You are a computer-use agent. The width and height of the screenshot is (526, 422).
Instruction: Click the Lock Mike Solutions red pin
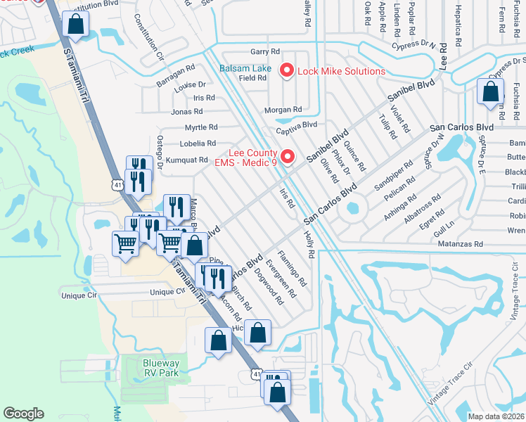pyautogui.click(x=286, y=70)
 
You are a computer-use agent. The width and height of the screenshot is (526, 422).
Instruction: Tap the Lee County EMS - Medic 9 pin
pyautogui.click(x=286, y=157)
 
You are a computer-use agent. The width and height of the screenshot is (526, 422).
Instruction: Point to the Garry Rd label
pyautogui.click(x=265, y=52)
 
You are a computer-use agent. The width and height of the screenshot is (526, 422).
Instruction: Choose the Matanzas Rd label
pyautogui.click(x=458, y=243)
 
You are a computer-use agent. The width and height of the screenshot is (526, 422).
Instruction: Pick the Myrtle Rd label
pyautogui.click(x=200, y=127)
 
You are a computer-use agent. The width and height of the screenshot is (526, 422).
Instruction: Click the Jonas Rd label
pyautogui.click(x=186, y=111)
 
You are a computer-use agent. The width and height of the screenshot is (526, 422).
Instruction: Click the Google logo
pyautogui.click(x=23, y=414)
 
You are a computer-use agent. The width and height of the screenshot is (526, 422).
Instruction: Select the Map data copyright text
pyautogui.click(x=495, y=416)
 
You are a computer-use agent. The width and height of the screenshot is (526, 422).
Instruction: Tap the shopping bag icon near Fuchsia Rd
pyautogui.click(x=490, y=92)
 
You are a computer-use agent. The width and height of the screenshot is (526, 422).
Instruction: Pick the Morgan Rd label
pyautogui.click(x=283, y=110)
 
